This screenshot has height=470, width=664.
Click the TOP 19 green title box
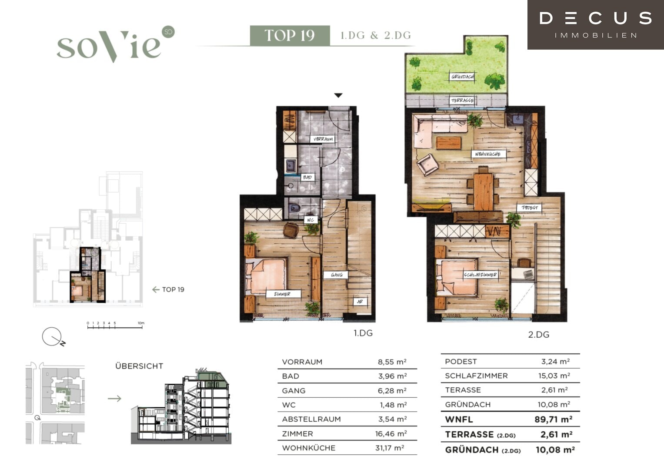coord(290,36)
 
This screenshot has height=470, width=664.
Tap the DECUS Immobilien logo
coord(596,25)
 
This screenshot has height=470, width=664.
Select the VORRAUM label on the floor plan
coord(323,139)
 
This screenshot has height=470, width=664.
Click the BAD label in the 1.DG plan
coord(307,177)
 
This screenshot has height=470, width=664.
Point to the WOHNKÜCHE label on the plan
coord(487,154)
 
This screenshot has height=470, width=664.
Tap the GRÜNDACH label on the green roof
coord(462,77)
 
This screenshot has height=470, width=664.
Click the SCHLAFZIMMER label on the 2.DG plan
coord(480,275)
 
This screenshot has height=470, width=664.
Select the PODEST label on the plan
coord(530,208)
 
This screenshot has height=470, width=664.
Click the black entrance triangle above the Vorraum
coord(338,95)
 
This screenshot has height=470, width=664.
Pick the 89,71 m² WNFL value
coord(554,419)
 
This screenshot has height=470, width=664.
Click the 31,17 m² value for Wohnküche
coord(390,448)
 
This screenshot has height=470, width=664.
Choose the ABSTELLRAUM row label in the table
coord(311,419)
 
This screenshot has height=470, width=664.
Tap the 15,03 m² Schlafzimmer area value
coord(554,376)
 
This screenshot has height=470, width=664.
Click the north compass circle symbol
coord(52,336)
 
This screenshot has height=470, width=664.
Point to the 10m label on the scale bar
coord(141,323)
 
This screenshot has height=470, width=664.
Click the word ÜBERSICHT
coord(139,366)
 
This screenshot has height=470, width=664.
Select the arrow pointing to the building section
coord(114,399)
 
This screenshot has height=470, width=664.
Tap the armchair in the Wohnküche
coord(428,165)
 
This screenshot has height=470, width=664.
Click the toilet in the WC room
coord(294,208)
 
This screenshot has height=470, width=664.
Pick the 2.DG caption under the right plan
coord(539,335)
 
